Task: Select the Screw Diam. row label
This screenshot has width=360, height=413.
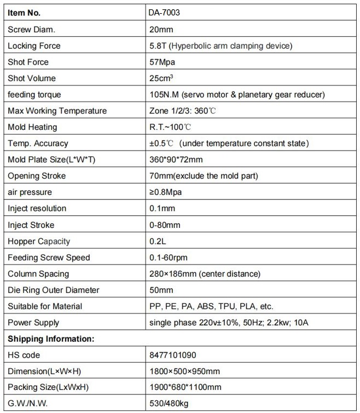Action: point(31,29)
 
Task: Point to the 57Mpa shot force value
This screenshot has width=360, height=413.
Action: point(162,62)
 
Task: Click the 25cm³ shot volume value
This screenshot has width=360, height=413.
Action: point(161,78)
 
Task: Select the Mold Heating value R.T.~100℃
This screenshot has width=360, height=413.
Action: point(170,127)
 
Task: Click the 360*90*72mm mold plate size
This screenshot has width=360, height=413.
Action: point(176,159)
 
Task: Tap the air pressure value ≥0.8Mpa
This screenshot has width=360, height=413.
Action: point(165,192)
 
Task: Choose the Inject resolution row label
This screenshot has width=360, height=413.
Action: point(37,208)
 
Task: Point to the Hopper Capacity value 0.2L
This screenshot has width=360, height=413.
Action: point(158,241)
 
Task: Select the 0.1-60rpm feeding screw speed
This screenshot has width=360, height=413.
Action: point(170,257)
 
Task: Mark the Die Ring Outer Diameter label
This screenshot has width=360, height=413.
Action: point(54,290)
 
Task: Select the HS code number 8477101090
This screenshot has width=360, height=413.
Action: point(172,355)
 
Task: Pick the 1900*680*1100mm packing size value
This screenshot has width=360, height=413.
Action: point(185,388)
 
